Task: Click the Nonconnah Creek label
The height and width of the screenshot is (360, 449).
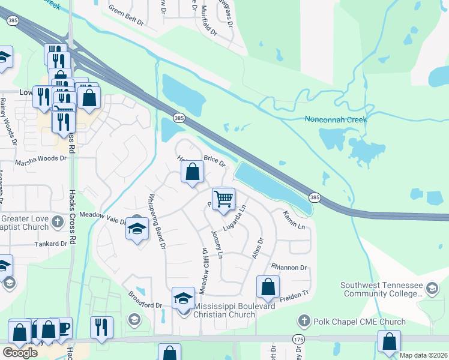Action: point(336,119)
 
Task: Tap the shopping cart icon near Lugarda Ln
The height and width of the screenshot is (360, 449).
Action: point(223,198)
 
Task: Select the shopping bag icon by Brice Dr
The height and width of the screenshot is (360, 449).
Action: point(192,173)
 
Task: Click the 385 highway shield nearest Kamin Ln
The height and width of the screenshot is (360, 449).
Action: point(315,197)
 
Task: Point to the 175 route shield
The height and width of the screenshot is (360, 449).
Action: point(298,340)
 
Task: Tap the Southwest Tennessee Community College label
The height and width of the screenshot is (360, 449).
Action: point(381,290)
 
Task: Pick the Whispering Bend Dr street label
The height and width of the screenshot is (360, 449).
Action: point(157,220)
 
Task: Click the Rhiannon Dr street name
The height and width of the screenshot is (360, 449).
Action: point(289,268)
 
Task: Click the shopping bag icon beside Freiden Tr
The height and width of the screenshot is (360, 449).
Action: point(268,287)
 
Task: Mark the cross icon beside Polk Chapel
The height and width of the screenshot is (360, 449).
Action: point(305,322)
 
